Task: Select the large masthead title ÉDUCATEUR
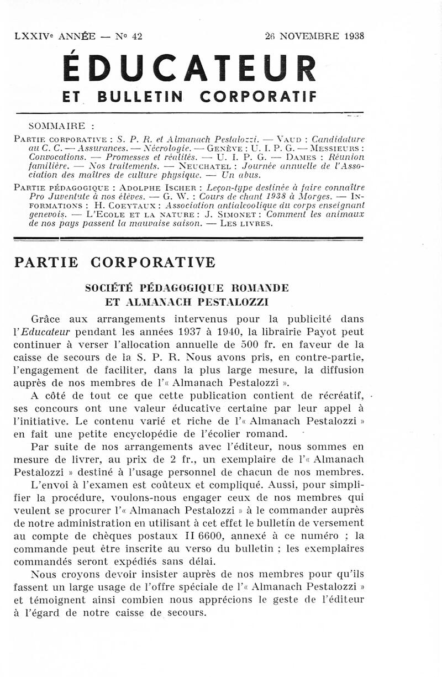point(190,67)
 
